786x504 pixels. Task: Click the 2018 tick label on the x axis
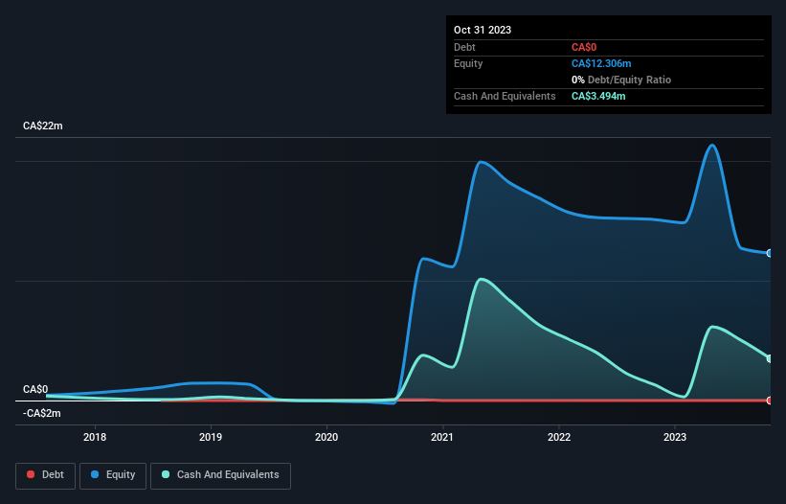94,438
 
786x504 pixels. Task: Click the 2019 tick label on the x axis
211,438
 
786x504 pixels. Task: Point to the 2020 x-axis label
326,438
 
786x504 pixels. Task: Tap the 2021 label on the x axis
442,438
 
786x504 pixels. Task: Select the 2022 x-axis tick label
559,438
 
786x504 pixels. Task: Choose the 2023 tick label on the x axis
675,438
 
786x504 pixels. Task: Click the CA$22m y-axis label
42,126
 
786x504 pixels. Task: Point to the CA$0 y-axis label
35,389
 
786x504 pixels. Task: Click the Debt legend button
45,474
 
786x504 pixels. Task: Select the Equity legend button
113,474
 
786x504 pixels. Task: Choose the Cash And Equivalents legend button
220,474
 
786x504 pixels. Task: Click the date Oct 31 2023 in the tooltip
483,30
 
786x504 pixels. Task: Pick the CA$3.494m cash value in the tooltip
598,96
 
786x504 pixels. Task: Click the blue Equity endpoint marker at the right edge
770,253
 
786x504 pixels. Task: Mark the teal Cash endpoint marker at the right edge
770,358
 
